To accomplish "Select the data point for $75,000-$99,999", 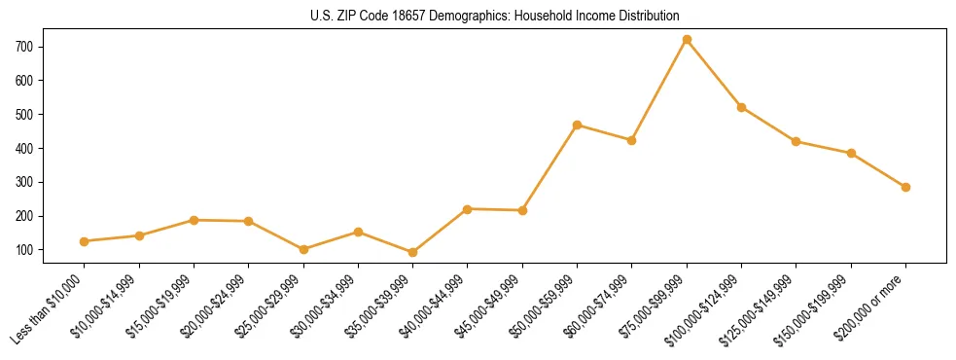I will click(687, 40).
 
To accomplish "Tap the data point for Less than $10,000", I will click(85, 241).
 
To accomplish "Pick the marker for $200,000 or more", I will click(905, 187).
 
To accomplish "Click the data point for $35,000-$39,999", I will click(413, 252).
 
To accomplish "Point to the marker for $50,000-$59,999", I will click(578, 125).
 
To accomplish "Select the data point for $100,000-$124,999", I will click(741, 107).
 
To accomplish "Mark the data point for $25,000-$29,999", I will click(303, 249).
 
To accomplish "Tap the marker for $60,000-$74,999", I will click(632, 140).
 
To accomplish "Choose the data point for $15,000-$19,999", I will click(194, 220).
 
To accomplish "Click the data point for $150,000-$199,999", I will click(851, 153).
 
